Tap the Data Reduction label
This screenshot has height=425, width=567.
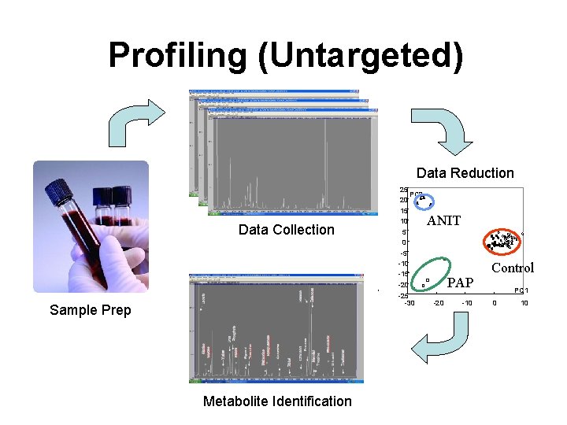(465, 173)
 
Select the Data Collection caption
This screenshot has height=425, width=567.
(287, 230)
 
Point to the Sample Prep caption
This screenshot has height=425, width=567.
(90, 310)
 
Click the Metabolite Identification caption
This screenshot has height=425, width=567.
(277, 401)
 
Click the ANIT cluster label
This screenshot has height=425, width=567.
(443, 221)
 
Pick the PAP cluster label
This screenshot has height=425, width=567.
(460, 283)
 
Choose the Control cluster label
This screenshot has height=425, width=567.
(513, 268)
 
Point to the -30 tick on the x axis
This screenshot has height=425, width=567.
(409, 303)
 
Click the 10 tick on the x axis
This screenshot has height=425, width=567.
(524, 303)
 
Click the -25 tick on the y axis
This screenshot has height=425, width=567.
(402, 295)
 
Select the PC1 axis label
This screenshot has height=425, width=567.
(521, 291)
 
